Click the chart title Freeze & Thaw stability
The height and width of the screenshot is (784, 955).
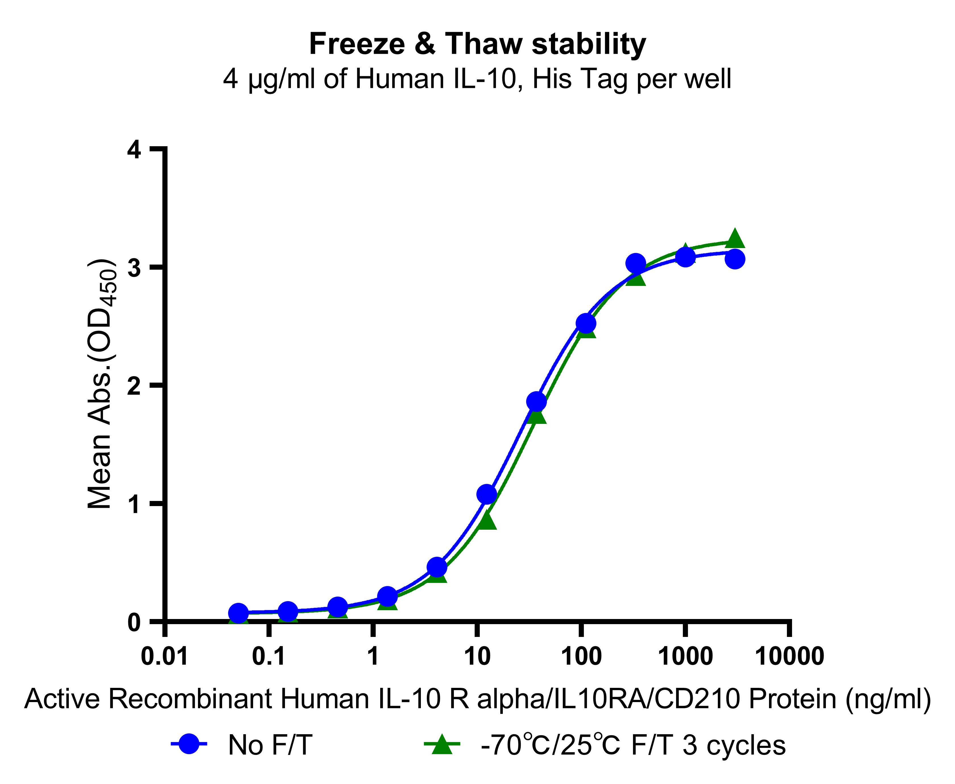(477, 44)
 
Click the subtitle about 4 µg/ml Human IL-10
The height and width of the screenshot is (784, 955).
(477, 79)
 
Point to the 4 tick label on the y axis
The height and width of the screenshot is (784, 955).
(134, 150)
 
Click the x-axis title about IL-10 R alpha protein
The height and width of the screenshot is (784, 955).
(477, 700)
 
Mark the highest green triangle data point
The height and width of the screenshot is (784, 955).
(735, 238)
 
